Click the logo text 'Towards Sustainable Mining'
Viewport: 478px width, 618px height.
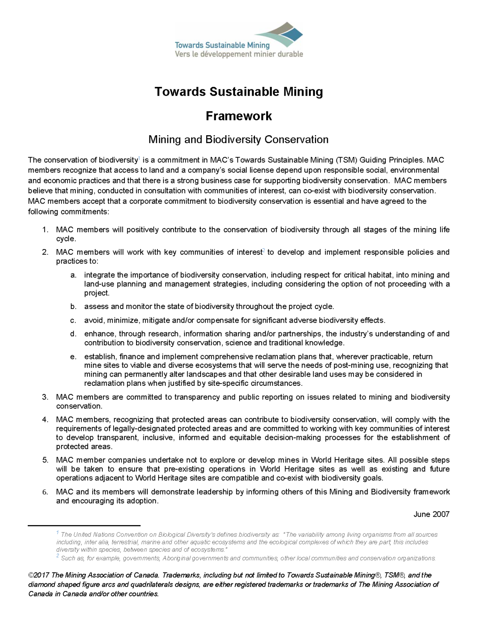pos(222,45)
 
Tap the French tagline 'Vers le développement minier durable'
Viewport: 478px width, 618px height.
pos(238,54)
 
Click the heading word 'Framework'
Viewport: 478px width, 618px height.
pos(239,116)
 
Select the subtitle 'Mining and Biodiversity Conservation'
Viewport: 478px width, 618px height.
pos(238,140)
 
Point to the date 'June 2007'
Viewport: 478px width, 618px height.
pos(431,514)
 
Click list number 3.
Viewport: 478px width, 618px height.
pos(45,397)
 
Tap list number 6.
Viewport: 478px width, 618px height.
pos(45,492)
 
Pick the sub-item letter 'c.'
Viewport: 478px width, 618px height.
pos(73,320)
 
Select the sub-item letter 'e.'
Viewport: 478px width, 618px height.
pos(73,356)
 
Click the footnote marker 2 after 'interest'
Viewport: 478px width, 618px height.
pos(263,251)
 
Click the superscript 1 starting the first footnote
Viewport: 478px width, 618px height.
pos(58,533)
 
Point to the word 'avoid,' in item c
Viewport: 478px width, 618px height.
pos(94,320)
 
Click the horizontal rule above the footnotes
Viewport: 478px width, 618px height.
pos(84,525)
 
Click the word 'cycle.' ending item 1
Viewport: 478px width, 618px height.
pos(66,239)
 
